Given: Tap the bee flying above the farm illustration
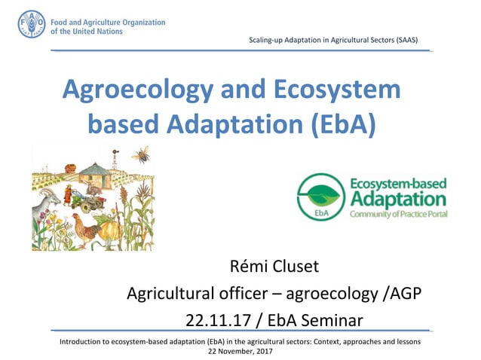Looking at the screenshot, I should pos(140,155).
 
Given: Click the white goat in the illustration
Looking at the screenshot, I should pos(46,206).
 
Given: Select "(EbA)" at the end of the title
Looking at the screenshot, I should pos(332,123).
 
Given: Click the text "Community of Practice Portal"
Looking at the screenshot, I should pos(397,215).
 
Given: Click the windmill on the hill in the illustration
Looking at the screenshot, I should pos(115,159).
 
